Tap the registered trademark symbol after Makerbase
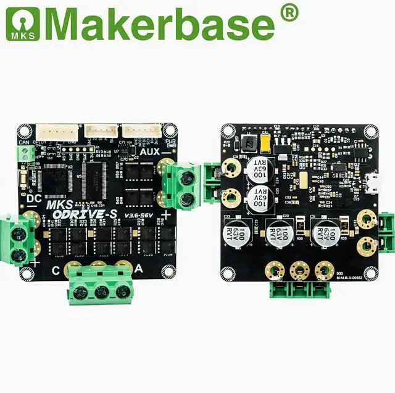pos(288,13)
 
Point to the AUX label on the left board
pos(151,151)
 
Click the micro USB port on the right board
pos(373,182)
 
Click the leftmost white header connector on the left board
pos(58,131)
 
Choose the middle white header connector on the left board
pos(101,131)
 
